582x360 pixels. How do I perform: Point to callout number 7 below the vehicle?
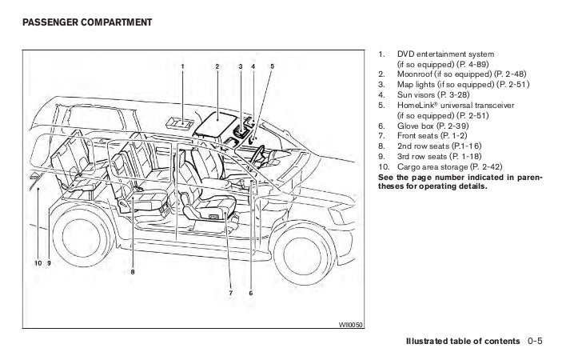[230, 293]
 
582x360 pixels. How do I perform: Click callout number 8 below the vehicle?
[132, 272]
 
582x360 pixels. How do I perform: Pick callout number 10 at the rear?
[37, 263]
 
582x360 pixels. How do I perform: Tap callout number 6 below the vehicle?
[250, 293]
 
